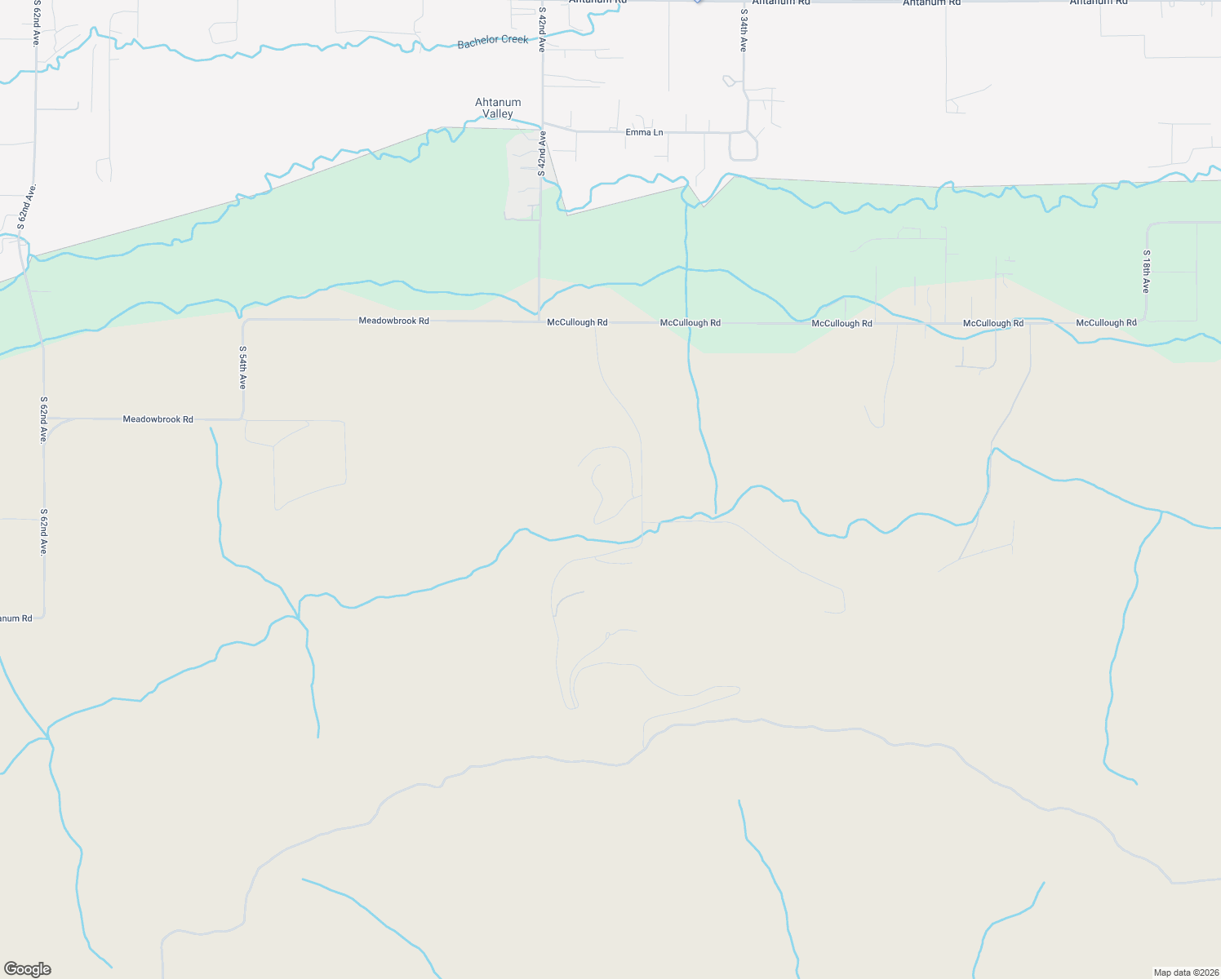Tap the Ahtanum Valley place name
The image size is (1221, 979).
(498, 108)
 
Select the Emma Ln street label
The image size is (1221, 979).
(644, 132)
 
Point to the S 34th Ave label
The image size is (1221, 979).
(744, 31)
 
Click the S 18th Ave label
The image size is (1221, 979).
(1146, 272)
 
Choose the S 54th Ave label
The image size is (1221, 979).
(242, 367)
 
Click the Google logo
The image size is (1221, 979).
(28, 969)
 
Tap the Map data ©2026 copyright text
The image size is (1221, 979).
(1184, 972)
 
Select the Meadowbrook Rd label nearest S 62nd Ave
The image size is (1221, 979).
(158, 419)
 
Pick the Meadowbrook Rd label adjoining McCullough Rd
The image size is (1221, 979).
(393, 321)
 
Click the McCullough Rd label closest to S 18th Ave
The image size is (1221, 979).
(1106, 323)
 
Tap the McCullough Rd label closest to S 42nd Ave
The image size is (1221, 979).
(577, 322)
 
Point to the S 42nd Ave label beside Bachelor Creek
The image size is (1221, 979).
(541, 30)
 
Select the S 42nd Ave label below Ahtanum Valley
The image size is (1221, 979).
(541, 154)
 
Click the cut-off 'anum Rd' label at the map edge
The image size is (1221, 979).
(16, 618)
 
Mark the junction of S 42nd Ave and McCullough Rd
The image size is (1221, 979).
(539, 321)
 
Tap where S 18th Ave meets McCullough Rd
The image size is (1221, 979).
(1146, 323)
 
